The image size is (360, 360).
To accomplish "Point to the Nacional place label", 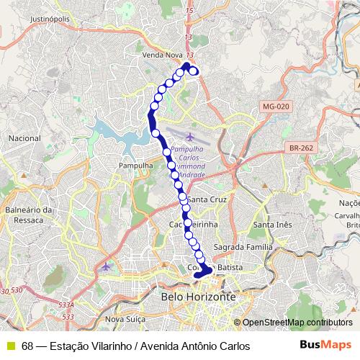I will [24, 138].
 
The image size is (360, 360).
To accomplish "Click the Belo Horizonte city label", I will [198, 297].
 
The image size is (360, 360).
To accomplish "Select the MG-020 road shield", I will [275, 107].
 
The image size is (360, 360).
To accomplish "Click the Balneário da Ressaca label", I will [29, 215].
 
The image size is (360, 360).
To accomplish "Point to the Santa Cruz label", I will [207, 199].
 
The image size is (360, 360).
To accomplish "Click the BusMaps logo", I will [325, 346].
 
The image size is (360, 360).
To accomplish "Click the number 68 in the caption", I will [27, 346].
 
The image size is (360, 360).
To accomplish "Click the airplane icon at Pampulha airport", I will [191, 137].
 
